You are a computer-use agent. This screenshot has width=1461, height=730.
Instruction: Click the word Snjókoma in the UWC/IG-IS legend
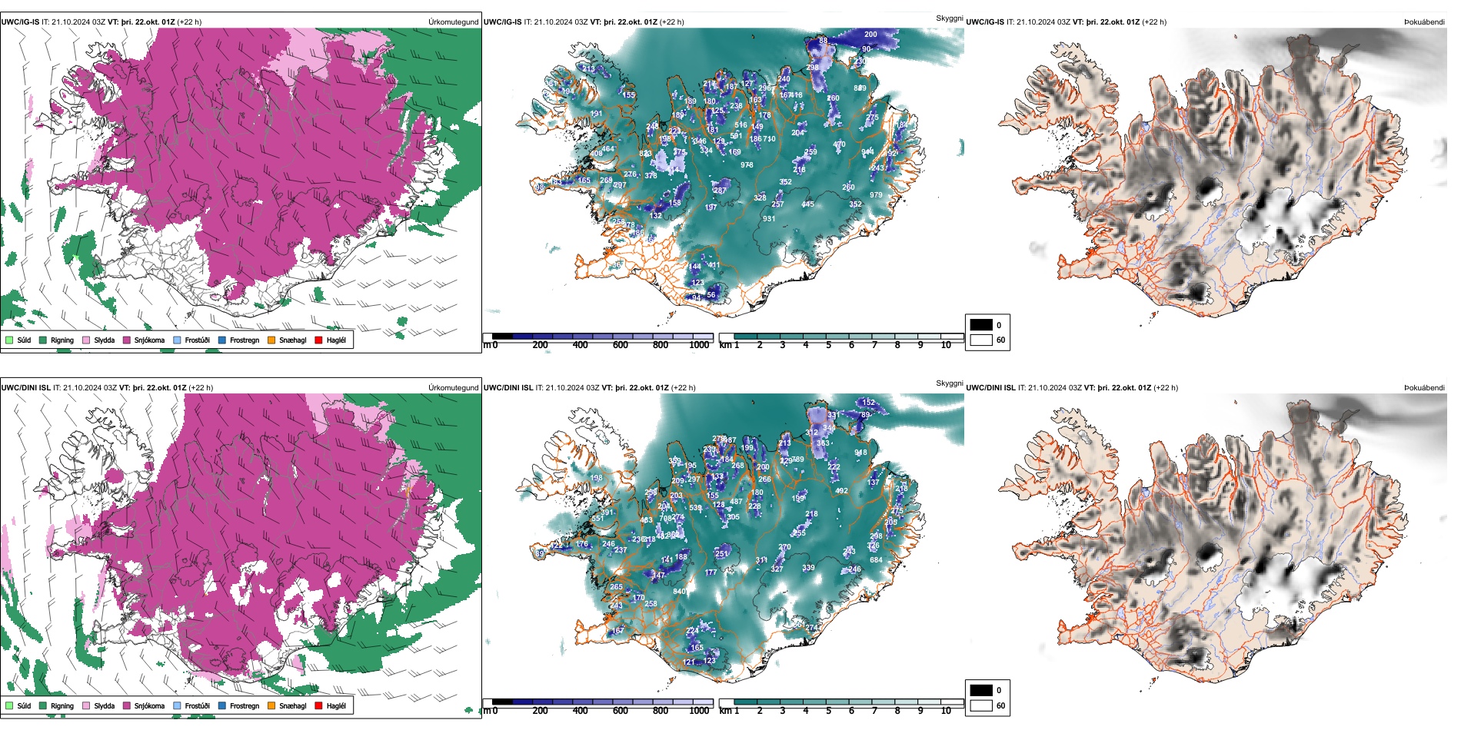[x=149, y=340]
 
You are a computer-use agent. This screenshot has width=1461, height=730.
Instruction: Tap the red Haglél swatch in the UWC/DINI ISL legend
[x=318, y=705]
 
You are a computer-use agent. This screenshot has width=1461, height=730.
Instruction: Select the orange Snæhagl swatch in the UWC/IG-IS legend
[x=271, y=340]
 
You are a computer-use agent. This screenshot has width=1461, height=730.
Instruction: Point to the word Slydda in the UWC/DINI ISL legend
[x=104, y=705]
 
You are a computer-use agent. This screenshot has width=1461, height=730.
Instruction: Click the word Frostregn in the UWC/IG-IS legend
[x=245, y=340]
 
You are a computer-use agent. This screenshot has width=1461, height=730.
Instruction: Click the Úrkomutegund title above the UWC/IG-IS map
[x=454, y=22]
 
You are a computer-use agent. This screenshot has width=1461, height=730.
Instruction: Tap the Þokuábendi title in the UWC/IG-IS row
[x=1424, y=22]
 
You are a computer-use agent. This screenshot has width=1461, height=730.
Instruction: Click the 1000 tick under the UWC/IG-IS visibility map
[x=699, y=345]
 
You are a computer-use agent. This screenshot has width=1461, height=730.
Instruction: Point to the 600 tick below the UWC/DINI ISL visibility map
[x=620, y=711]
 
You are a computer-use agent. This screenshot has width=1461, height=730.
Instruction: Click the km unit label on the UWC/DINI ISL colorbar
[x=725, y=711]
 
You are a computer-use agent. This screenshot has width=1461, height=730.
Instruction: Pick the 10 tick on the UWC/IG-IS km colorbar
[x=946, y=345]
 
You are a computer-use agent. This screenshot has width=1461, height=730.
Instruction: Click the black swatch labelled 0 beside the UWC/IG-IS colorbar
[x=981, y=325]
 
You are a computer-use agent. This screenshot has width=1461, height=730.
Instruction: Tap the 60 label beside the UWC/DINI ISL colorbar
[x=1000, y=705]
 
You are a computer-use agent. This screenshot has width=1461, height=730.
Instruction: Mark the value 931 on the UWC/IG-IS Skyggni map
[x=769, y=219]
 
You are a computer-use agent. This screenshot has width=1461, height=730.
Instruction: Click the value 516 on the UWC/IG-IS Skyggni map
[x=740, y=125]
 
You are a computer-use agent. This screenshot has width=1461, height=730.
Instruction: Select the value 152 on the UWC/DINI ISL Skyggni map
[x=868, y=403]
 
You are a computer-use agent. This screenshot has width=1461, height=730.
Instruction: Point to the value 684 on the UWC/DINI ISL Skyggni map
[x=876, y=560]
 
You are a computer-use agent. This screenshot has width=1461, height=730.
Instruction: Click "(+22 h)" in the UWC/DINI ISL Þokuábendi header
[x=1163, y=388]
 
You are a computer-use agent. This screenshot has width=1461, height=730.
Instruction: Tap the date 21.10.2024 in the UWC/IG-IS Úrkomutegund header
[x=72, y=22]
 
